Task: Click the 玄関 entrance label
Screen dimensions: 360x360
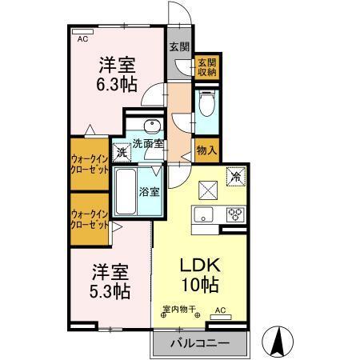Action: pos(178,46)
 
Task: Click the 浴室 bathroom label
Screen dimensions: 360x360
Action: pos(150,191)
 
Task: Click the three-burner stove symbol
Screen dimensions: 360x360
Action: pos(235,214)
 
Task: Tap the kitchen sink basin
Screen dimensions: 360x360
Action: pos(201,214)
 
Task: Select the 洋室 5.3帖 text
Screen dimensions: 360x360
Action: pos(111,280)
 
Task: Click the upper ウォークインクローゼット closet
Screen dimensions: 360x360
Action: pos(89,163)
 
